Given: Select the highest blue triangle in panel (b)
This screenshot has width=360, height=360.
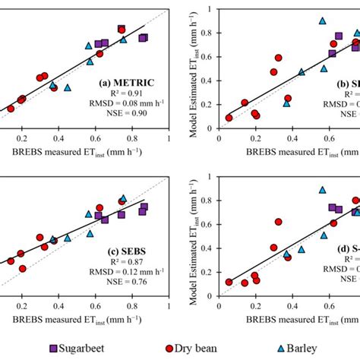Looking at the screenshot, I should click(x=322, y=21).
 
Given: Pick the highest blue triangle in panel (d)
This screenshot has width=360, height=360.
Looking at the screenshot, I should click(x=322, y=191).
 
